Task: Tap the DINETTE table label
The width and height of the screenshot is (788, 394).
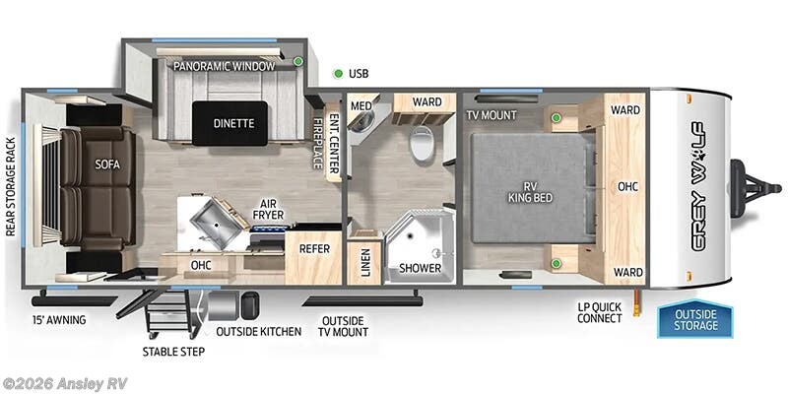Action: tap(233, 123)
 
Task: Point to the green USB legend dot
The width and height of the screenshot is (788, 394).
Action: tap(338, 73)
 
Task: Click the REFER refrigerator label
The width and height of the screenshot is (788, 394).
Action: tap(314, 249)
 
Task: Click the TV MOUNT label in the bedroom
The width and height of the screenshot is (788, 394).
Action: tap(492, 114)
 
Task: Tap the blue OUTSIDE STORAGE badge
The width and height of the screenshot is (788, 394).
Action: tap(694, 319)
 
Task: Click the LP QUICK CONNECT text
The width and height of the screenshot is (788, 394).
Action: tap(599, 312)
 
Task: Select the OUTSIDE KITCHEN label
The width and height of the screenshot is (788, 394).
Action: tap(258, 331)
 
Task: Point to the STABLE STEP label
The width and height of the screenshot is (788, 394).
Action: tap(173, 351)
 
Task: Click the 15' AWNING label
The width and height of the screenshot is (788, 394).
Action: tap(58, 320)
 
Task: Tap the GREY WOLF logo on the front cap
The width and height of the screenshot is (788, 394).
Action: tap(696, 185)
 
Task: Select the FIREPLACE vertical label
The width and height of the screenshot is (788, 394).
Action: tap(318, 144)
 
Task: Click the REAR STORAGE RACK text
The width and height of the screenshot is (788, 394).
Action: tap(12, 187)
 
